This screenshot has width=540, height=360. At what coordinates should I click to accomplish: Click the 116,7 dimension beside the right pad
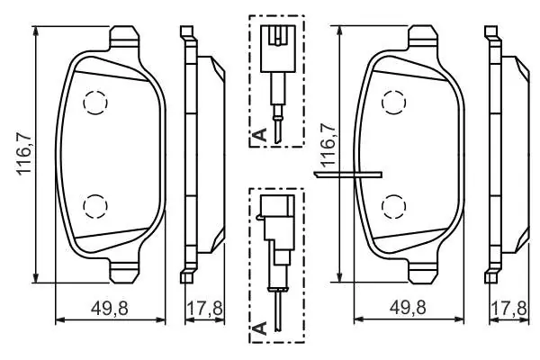point(328,144)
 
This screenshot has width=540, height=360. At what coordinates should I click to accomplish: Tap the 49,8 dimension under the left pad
point(110,309)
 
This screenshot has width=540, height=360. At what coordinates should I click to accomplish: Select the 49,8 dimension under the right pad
point(408,308)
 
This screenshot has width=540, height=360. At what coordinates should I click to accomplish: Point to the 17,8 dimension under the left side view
point(204,309)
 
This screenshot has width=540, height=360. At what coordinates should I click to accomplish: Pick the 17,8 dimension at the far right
point(509,308)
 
